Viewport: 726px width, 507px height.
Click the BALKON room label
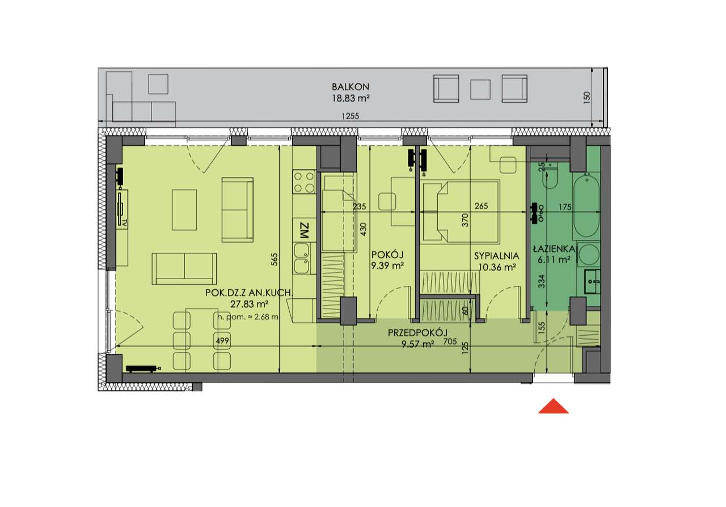351,87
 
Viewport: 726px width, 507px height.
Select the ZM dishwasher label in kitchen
303,231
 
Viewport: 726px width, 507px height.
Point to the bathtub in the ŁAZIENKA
586,208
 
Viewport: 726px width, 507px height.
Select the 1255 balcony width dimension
351,116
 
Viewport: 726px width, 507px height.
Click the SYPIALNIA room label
496,256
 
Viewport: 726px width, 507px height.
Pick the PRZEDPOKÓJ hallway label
418,333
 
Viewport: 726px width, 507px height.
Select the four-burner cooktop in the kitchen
303,182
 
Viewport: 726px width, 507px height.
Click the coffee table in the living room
184,210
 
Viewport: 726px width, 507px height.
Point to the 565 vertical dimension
275,259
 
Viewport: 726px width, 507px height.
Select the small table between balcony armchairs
480,89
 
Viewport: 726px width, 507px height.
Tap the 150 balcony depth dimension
587,98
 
